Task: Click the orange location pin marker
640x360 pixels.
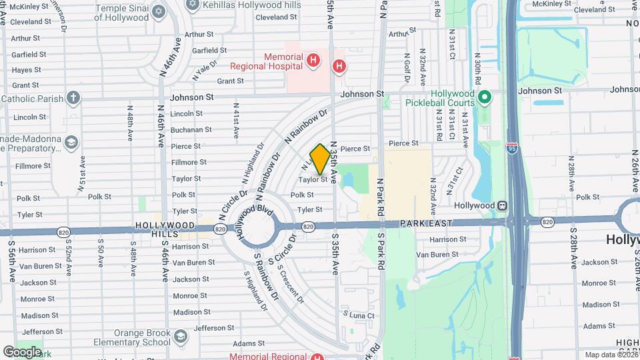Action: click(320, 159)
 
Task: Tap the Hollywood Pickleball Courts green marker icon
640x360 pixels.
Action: click(485, 98)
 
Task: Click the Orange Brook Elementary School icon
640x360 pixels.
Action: click(179, 337)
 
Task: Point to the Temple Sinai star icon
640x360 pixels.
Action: click(158, 11)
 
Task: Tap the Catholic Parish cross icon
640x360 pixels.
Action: click(73, 98)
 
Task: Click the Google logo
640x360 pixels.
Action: click(21, 352)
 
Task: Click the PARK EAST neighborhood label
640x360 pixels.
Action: click(426, 223)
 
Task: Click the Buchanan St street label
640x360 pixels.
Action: click(191, 130)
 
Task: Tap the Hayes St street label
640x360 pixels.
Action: click(27, 70)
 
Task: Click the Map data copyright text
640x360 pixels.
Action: click(611, 355)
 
